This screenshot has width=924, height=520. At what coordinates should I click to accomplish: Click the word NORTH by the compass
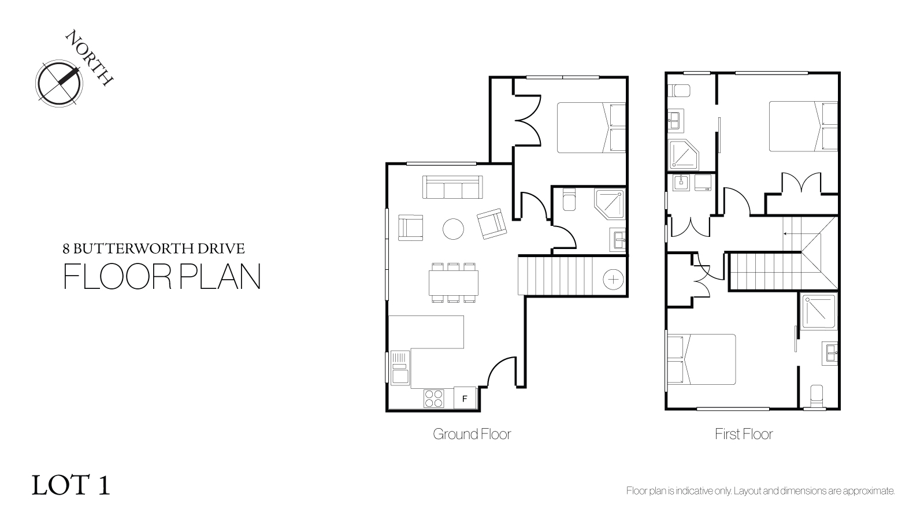pyautogui.click(x=89, y=57)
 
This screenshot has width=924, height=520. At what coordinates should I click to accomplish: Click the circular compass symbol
pyautogui.click(x=59, y=84)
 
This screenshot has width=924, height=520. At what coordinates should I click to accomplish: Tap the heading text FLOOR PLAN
pyautogui.click(x=162, y=276)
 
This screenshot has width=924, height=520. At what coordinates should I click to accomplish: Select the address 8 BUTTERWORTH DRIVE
pyautogui.click(x=154, y=248)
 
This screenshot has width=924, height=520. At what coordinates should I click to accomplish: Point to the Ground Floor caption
pyautogui.click(x=472, y=434)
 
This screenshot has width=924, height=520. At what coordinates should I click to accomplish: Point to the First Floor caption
pyautogui.click(x=744, y=434)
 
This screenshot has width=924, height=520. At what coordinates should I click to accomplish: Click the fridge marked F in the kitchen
pyautogui.click(x=465, y=398)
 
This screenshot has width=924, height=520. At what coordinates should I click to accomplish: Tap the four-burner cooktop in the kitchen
pyautogui.click(x=434, y=398)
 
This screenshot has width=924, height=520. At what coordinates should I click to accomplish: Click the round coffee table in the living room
pyautogui.click(x=454, y=229)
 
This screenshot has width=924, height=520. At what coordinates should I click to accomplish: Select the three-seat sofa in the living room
pyautogui.click(x=452, y=187)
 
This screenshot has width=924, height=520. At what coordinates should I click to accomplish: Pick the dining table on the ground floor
pyautogui.click(x=454, y=283)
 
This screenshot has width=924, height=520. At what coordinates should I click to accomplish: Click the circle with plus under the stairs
pyautogui.click(x=613, y=280)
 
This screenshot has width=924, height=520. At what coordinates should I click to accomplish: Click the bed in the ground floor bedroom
pyautogui.click(x=591, y=128)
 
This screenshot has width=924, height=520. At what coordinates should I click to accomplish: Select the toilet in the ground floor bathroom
pyautogui.click(x=569, y=199)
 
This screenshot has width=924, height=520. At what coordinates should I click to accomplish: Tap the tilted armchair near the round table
pyautogui.click(x=492, y=224)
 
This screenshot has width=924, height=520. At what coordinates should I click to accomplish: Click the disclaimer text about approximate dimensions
pyautogui.click(x=760, y=491)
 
